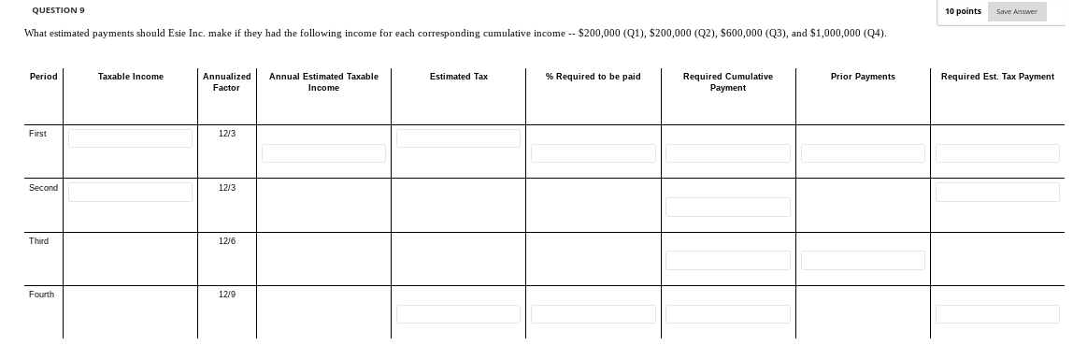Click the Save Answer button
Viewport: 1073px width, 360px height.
coord(1016,11)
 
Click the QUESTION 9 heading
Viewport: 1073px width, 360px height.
coord(59,10)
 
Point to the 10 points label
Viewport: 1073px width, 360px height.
coord(963,11)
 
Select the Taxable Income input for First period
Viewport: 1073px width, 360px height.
coord(130,138)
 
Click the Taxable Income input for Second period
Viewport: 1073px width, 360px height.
coord(130,192)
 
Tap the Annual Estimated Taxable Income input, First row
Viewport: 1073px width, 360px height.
coord(323,153)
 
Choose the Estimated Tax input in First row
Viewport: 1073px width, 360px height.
coord(458,138)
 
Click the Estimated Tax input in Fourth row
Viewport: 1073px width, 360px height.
coord(458,314)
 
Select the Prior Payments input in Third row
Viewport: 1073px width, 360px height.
coord(863,260)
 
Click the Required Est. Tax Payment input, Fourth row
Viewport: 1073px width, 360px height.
coord(997,314)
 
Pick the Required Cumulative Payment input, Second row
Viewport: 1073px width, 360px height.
coord(728,207)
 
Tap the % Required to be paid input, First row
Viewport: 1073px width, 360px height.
coord(594,153)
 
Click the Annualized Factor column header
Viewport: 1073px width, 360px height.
coord(226,81)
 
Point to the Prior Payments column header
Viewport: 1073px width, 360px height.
coord(863,77)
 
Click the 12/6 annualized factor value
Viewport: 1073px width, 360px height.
coord(226,241)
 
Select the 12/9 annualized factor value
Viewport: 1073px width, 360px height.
coord(226,295)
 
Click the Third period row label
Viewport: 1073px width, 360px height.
coord(39,241)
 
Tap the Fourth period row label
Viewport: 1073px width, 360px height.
coord(41,295)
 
